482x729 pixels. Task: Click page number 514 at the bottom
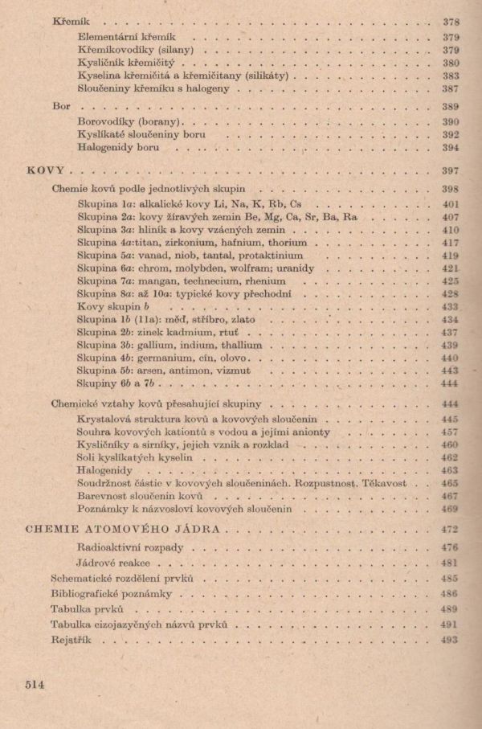point(34,684)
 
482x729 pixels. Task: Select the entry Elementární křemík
point(127,36)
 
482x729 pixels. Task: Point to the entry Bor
point(61,105)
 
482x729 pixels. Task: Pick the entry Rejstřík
point(71,640)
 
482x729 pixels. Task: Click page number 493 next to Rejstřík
point(450,640)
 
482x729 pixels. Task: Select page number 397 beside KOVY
point(450,170)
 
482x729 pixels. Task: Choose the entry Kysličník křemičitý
point(131,63)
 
